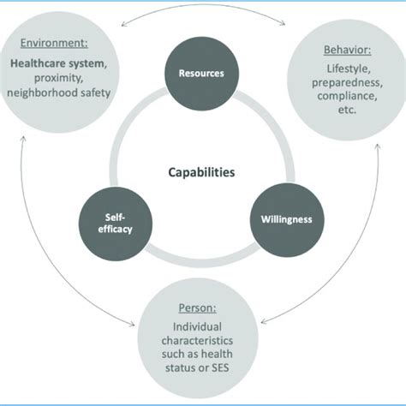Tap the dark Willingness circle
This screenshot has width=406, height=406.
click(x=286, y=219)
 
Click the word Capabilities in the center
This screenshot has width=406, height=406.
click(x=202, y=171)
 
